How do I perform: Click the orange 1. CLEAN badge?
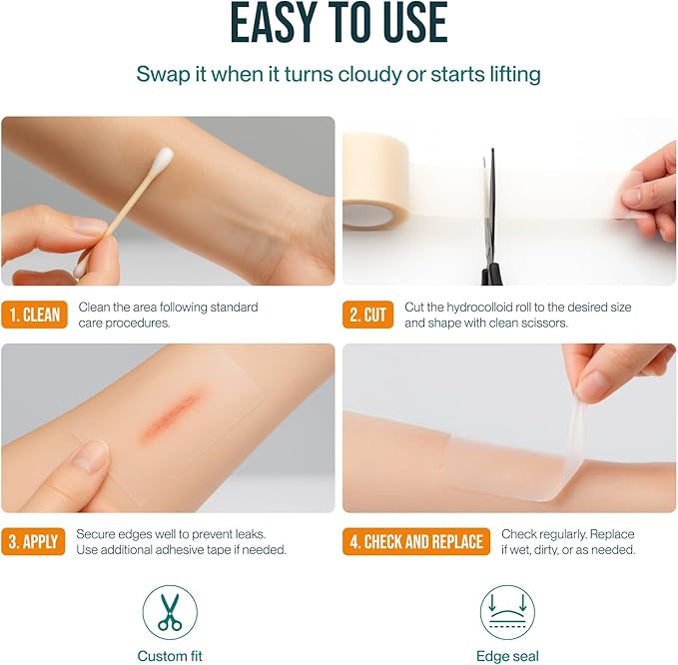[35, 315]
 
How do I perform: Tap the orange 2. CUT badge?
[368, 315]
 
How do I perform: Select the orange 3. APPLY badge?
[33, 541]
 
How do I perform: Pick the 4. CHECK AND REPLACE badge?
[416, 541]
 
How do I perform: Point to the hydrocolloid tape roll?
[375, 181]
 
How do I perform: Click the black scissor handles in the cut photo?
[492, 275]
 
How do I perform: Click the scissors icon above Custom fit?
[170, 612]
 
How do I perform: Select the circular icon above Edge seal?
[507, 612]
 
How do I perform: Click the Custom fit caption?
[170, 656]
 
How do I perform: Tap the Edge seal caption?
[507, 656]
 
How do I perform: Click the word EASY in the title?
[272, 23]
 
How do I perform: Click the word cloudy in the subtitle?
[369, 74]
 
